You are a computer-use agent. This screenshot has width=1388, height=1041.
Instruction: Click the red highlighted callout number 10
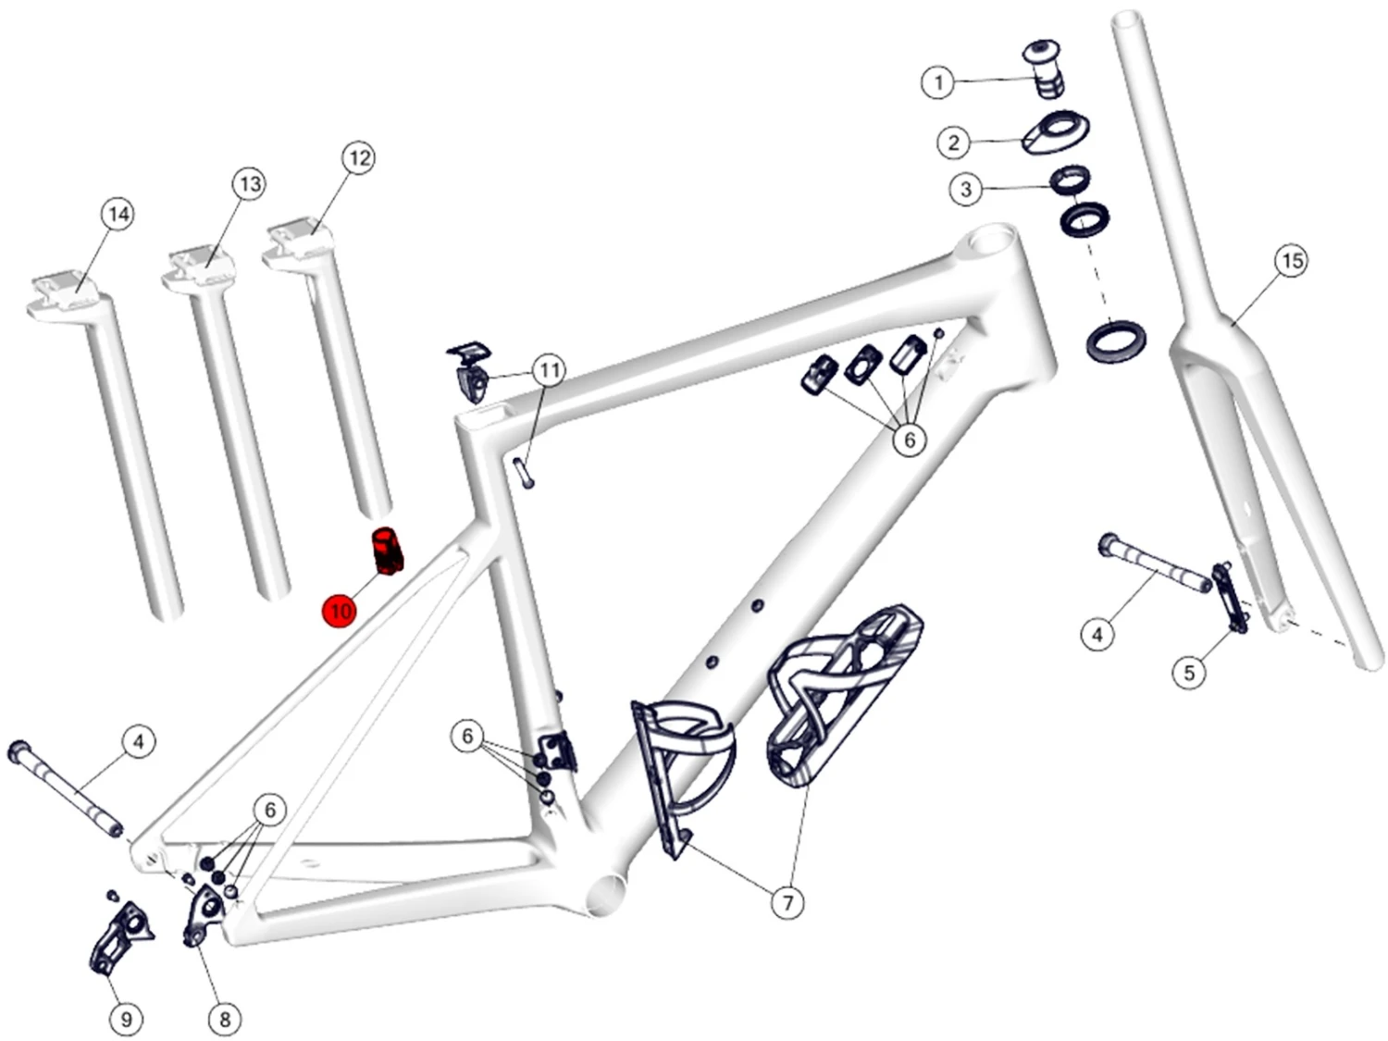[x=341, y=612]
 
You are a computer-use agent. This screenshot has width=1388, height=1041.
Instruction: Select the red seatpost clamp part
[x=387, y=551]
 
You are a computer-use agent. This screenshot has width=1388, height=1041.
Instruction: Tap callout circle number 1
[x=938, y=82]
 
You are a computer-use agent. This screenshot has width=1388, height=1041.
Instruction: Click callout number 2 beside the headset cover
[x=954, y=143]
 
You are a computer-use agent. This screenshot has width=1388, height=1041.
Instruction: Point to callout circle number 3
[x=966, y=189]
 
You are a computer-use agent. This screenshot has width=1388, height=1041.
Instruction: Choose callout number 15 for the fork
[x=1291, y=260]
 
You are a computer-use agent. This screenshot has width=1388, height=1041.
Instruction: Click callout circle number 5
[x=1189, y=673]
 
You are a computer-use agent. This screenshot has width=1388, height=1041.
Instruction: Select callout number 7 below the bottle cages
[x=787, y=902]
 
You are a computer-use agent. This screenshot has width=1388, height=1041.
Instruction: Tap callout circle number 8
[x=225, y=1018]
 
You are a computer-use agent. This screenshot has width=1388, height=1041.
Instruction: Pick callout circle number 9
[x=126, y=1018]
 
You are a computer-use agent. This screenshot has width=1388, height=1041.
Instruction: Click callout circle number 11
[x=549, y=370]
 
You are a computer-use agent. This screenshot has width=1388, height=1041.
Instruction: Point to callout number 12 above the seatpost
[x=358, y=158]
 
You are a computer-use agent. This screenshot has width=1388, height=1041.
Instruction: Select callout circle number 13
[x=250, y=184]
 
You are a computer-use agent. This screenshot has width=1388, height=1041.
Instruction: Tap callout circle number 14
[x=118, y=215]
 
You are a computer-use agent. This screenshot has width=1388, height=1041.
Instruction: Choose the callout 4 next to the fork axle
[x=1097, y=634]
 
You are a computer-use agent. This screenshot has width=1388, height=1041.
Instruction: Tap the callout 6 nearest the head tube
[x=910, y=439]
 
